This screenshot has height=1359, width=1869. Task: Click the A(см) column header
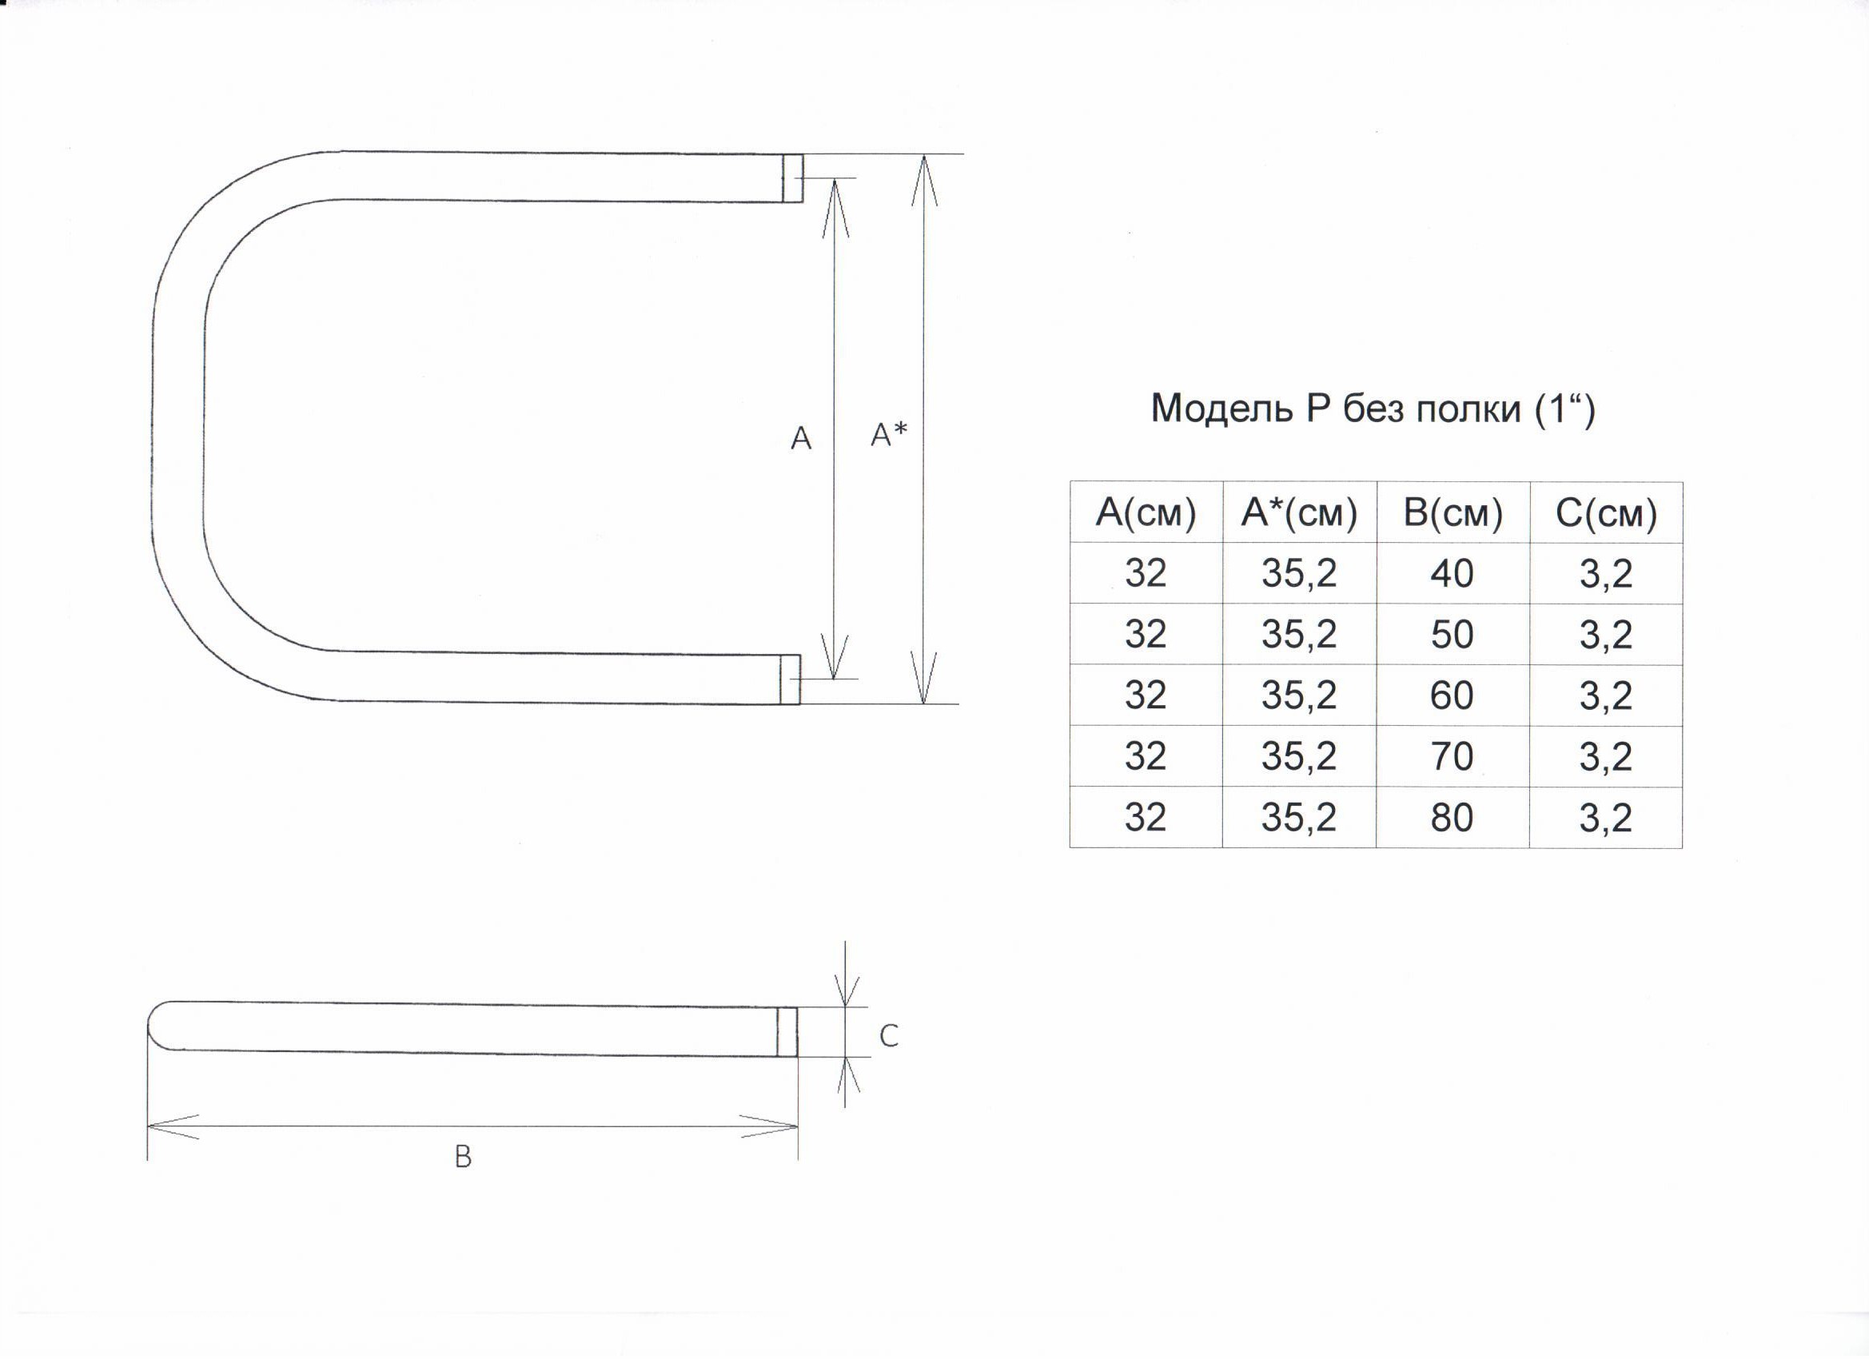click(1146, 512)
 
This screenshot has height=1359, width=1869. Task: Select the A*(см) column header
click(1300, 512)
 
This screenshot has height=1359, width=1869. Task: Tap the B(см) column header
click(1453, 512)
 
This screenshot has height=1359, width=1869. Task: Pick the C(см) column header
click(1606, 512)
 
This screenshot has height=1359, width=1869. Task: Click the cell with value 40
click(1452, 572)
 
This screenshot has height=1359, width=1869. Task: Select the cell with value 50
click(1452, 634)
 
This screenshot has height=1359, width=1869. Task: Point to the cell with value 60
click(1452, 695)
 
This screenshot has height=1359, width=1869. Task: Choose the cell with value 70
click(1452, 755)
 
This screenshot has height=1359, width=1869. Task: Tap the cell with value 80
click(1452, 817)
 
